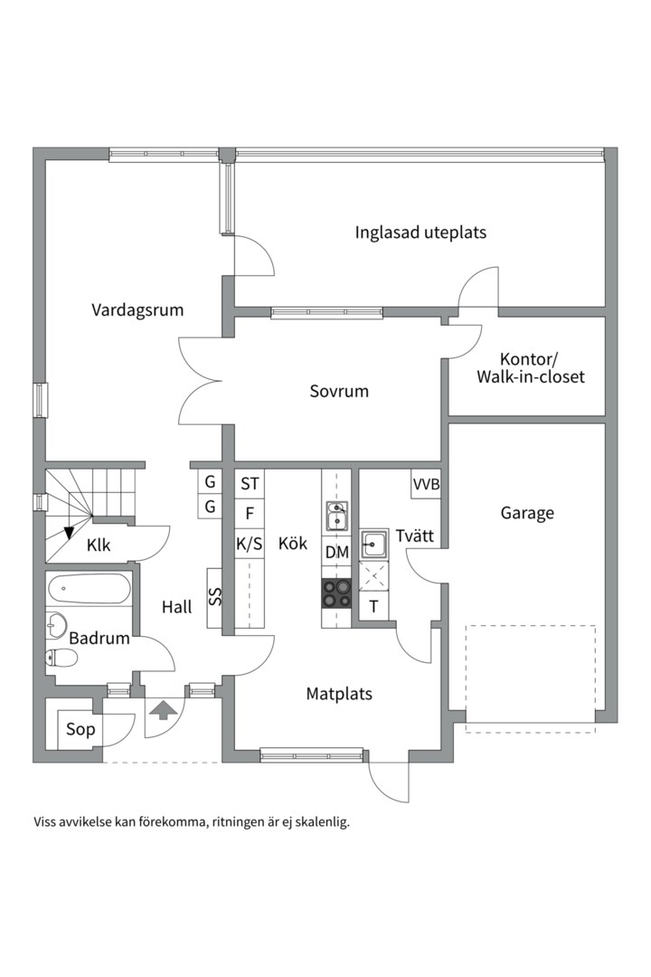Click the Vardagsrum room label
(x=137, y=310)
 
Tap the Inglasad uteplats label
(x=420, y=233)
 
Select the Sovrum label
(x=339, y=392)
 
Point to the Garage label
(x=527, y=514)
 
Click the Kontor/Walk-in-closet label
(x=531, y=368)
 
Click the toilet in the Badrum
(x=61, y=657)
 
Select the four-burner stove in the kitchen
(x=336, y=593)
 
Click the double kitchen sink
(x=337, y=517)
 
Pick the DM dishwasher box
(x=337, y=552)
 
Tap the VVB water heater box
(x=426, y=483)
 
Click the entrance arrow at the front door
(x=162, y=710)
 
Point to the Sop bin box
(x=80, y=728)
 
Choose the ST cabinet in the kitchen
(x=250, y=483)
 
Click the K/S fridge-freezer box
(x=250, y=544)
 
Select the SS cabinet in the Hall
(x=215, y=598)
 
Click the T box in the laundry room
(x=373, y=606)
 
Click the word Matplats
(x=339, y=694)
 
